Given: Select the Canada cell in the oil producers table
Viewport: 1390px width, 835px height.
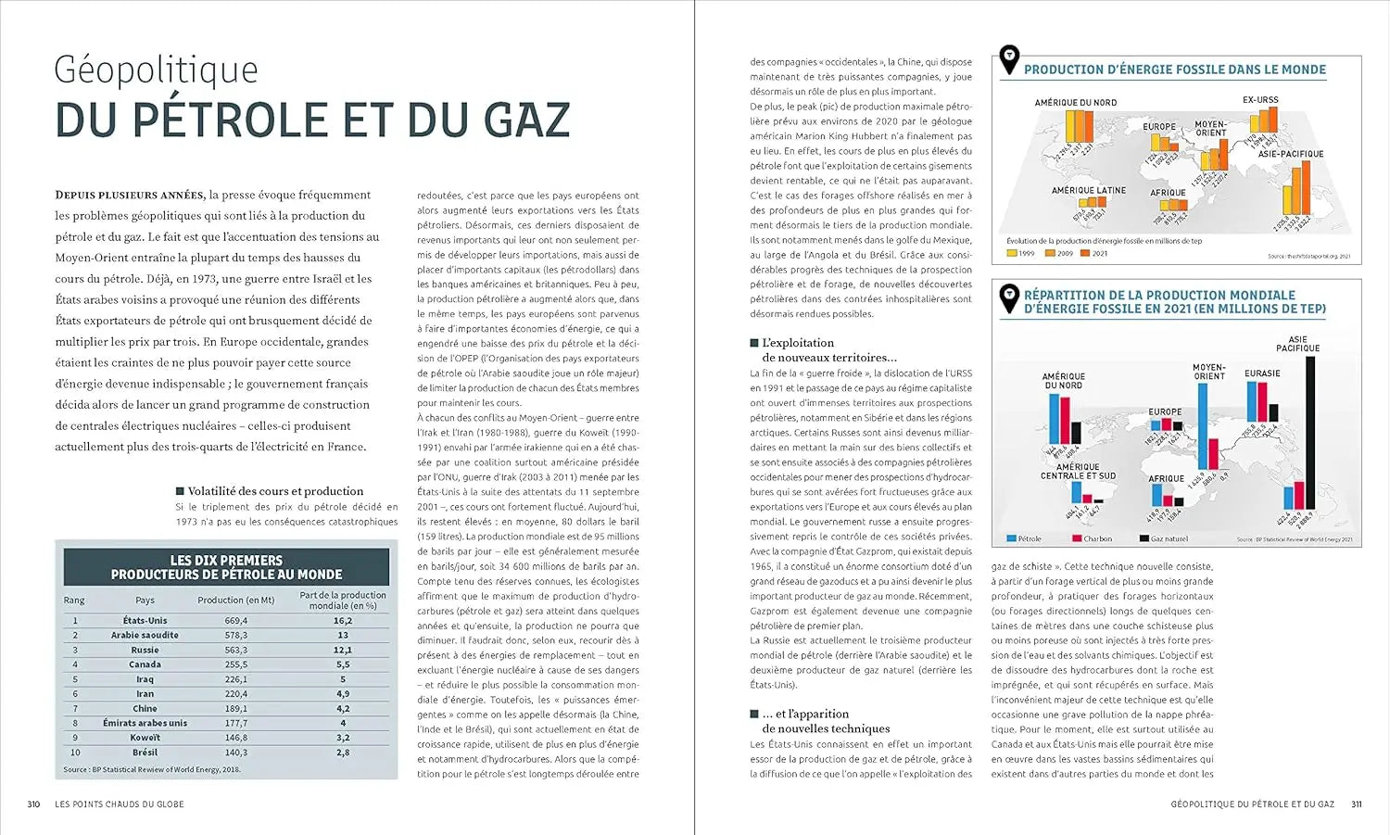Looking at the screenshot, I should [x=145, y=664].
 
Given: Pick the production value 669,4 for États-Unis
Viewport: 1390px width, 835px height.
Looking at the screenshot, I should [x=236, y=621].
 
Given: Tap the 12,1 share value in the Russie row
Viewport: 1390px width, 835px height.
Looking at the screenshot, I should [x=343, y=650].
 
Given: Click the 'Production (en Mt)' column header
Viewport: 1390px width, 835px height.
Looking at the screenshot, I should [x=236, y=600].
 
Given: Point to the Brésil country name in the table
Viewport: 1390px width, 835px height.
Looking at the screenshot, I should [x=145, y=753].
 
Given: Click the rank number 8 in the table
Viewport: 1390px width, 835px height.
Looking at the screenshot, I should [x=75, y=723].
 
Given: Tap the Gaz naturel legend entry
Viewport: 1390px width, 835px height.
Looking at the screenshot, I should [x=1169, y=538].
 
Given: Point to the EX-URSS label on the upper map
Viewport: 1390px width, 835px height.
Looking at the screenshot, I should [x=1260, y=99].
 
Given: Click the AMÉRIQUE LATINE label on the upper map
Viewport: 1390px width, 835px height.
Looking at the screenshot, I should [x=1088, y=190].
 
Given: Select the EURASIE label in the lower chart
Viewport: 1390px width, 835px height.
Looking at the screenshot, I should [x=1262, y=373].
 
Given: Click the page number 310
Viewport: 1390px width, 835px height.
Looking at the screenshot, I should [x=33, y=804].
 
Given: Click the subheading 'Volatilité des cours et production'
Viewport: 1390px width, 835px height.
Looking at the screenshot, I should [x=275, y=491].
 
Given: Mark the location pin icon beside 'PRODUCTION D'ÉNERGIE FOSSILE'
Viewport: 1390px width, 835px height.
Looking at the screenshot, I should [x=1009, y=60].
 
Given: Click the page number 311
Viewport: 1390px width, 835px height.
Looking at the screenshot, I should [x=1356, y=804].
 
